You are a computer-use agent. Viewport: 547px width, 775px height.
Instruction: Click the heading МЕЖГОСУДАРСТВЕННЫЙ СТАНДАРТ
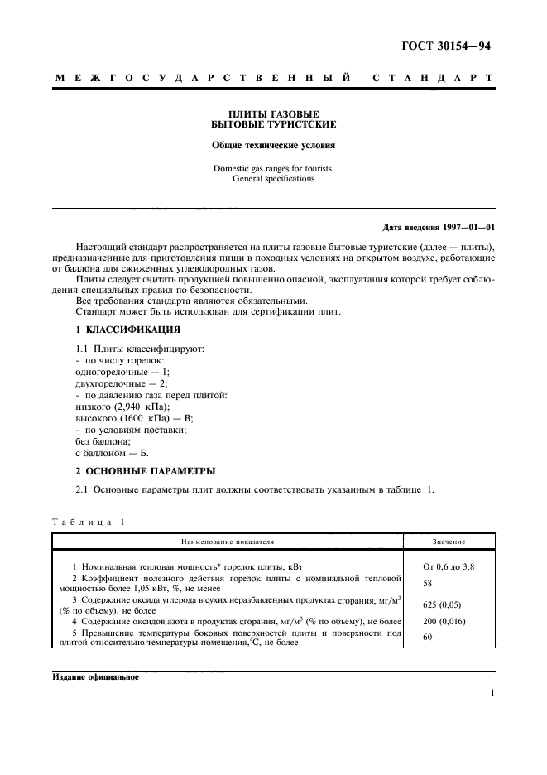coord(273,79)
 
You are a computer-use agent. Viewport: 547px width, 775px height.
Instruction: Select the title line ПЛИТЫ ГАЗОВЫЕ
coord(273,113)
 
